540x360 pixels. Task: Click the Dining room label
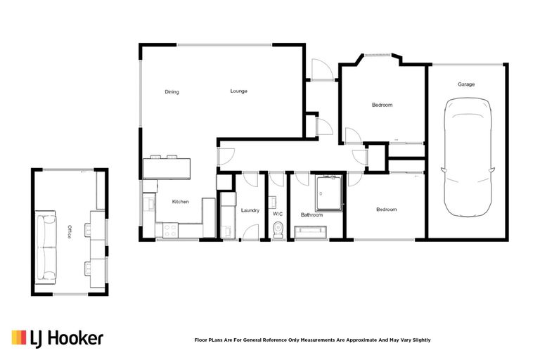(x=172, y=92)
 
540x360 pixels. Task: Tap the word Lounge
(x=238, y=91)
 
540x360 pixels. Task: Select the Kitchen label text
(x=181, y=202)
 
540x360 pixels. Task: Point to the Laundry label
(x=250, y=210)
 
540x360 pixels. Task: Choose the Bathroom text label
(x=311, y=214)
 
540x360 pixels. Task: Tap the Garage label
(x=466, y=84)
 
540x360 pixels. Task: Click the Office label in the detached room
(x=69, y=232)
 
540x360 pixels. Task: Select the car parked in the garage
(x=466, y=158)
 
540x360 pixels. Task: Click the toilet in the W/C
(x=278, y=229)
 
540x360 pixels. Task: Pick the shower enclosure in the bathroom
(x=328, y=193)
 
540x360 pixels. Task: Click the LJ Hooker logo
(x=58, y=338)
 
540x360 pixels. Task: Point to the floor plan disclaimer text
(x=312, y=340)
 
